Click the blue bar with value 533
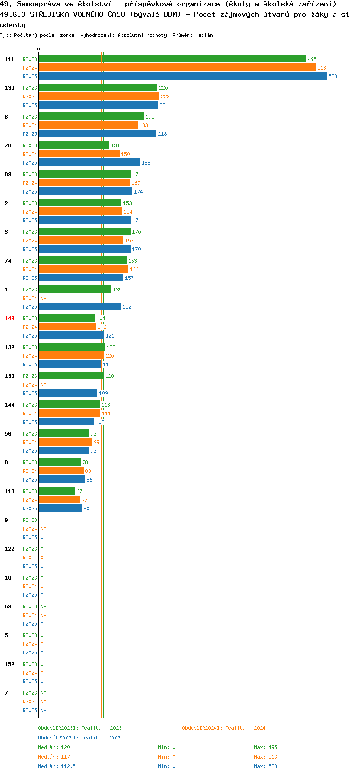183,76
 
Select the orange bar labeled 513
178,68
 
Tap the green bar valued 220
98,87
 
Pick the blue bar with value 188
90,163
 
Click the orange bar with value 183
88,125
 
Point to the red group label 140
9,318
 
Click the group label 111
9,59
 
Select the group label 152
9,664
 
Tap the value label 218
162,134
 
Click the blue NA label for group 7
43,710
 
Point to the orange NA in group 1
43,298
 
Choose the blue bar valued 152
80,306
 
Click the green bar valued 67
57,491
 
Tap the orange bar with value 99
66,442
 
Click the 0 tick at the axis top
38,49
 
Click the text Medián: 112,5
57,766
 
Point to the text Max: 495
265,747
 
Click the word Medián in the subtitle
204,35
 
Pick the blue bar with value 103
66,422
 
